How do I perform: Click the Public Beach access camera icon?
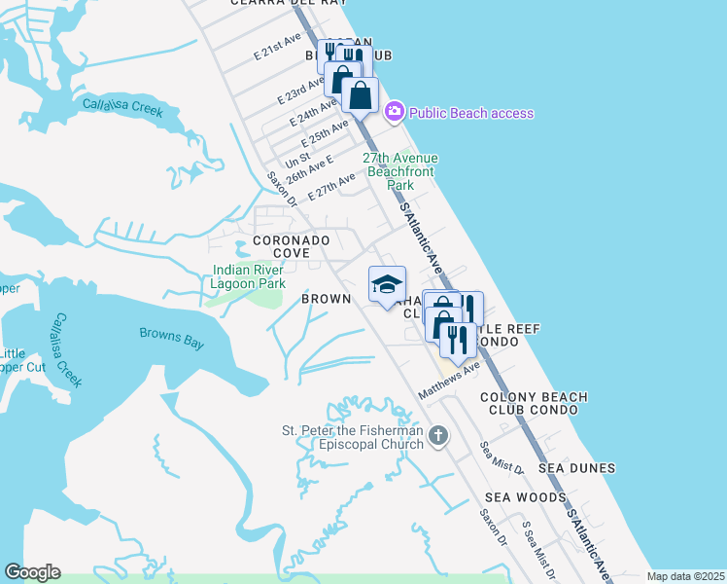click(x=394, y=112)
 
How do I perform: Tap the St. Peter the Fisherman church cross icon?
click(x=438, y=435)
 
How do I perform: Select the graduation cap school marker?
click(x=387, y=284)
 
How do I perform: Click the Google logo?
click(x=32, y=572)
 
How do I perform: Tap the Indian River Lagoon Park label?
click(x=250, y=276)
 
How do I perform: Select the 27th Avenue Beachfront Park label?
click(x=400, y=170)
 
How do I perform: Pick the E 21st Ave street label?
click(x=277, y=50)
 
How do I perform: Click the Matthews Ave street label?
click(x=449, y=381)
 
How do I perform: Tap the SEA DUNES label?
click(x=578, y=468)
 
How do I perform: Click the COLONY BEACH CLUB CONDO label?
click(x=534, y=403)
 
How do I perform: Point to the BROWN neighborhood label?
click(x=326, y=299)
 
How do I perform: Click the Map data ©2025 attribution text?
click(x=685, y=576)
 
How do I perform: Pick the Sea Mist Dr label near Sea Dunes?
click(x=502, y=457)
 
